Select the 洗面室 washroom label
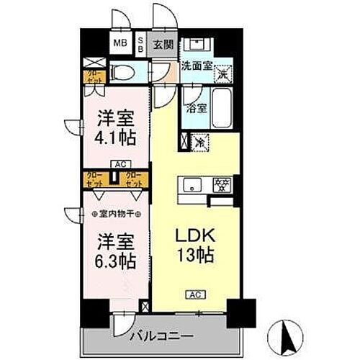click(196, 64)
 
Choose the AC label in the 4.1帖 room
click(116, 164)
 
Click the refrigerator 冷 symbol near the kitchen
click(197, 142)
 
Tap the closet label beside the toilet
click(94, 74)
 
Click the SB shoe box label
click(140, 43)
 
